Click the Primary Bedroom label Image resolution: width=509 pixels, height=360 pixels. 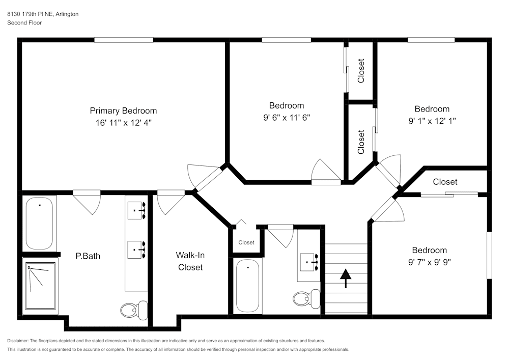point(123,110)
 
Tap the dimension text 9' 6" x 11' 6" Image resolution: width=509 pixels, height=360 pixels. point(287,117)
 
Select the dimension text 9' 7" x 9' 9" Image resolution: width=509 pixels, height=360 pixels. point(429,262)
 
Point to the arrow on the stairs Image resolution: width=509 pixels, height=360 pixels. point(346,278)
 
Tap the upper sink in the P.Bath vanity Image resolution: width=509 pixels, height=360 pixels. point(137,209)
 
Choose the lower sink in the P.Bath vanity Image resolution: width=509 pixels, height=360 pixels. point(137,249)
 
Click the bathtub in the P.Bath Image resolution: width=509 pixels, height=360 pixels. point(39,223)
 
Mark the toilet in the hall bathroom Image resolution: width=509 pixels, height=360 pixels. point(307,297)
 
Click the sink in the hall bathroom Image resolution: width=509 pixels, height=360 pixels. point(309,262)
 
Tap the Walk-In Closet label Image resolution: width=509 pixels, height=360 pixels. point(190,261)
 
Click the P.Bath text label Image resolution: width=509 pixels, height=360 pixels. point(88,256)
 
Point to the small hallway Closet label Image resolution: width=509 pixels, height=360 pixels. point(246,242)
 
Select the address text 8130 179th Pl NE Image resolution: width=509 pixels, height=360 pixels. point(30,14)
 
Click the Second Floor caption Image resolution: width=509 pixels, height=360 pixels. point(24,23)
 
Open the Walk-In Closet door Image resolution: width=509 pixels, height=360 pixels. point(171,202)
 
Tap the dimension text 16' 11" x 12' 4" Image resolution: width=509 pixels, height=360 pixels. point(123,122)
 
